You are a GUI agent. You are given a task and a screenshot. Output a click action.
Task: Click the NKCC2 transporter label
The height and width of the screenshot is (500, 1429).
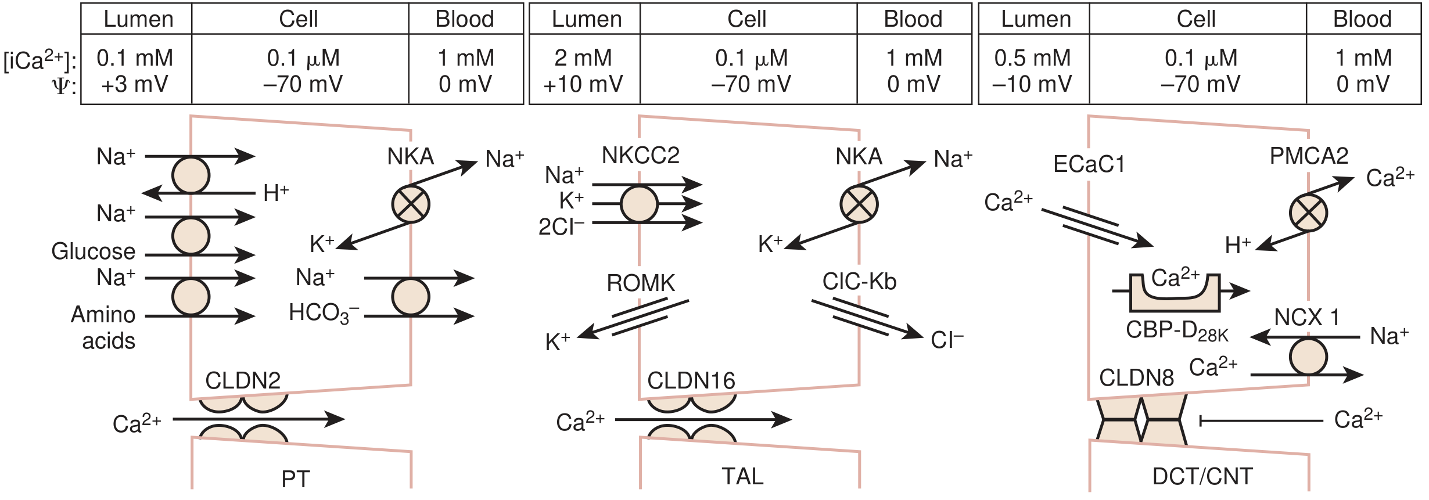pos(640,156)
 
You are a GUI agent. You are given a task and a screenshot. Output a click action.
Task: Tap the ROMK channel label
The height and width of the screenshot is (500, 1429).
pos(640,283)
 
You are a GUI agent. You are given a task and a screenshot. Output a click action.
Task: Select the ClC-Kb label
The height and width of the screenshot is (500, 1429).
pos(859,282)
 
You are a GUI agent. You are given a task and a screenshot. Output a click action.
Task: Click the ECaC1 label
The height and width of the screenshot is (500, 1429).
pos(1089,164)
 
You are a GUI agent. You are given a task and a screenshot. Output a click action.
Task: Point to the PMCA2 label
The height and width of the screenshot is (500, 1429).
pos(1309,156)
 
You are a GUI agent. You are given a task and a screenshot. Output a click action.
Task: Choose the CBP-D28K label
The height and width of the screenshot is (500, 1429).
pos(1177,331)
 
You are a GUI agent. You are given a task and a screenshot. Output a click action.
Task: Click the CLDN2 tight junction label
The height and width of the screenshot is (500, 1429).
pos(243,381)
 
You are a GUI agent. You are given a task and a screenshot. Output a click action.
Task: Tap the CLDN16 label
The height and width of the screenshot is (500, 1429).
pos(691,381)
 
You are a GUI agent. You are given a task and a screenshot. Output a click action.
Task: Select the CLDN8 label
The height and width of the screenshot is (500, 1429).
pos(1136,378)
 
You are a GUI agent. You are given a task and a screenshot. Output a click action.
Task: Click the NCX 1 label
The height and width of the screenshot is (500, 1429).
pos(1306,318)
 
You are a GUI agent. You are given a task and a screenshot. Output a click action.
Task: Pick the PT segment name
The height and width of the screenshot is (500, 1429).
pos(296,479)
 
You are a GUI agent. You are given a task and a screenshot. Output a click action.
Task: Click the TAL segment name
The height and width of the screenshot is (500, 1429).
pos(742,477)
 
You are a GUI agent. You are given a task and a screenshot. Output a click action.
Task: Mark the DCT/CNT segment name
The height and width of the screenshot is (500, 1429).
pos(1202,477)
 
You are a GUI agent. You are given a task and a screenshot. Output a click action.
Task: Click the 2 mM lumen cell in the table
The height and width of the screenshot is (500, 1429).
pos(583,58)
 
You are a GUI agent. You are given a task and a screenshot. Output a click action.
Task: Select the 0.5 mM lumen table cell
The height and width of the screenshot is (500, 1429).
pos(1032,58)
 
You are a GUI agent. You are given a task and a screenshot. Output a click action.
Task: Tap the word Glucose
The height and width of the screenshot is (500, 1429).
pos(93,251)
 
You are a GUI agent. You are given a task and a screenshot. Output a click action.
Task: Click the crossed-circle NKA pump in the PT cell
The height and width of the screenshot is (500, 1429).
pos(410,204)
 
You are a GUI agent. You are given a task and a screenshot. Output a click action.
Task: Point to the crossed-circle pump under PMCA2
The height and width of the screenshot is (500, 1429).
pos(1308,213)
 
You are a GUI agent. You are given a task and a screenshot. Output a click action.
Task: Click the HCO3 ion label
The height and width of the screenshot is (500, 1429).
pos(324,314)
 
